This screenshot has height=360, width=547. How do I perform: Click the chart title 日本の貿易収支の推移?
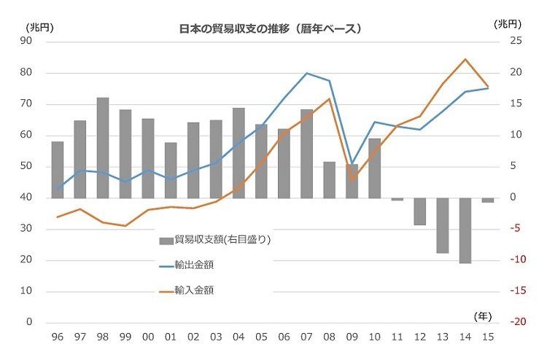[271, 29]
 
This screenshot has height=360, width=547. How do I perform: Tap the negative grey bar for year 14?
[465, 230]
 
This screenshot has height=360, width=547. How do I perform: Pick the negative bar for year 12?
[419, 211]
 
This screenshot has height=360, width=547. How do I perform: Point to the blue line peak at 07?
[306, 73]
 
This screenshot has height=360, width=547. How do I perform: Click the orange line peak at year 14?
[465, 59]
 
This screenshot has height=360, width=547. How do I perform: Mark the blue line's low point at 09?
[352, 163]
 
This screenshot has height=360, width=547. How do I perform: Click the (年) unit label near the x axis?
[482, 316]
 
